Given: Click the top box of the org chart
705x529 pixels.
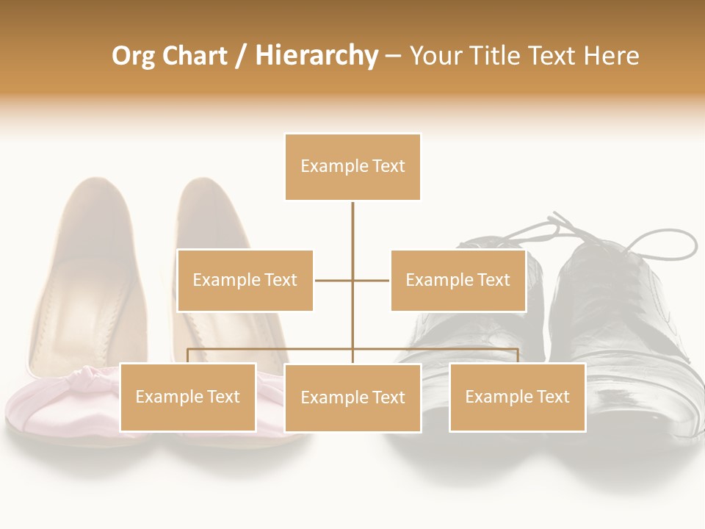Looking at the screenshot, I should click(352, 167).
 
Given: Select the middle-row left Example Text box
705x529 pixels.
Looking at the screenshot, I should click(245, 280).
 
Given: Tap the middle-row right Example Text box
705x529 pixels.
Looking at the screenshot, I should click(458, 280).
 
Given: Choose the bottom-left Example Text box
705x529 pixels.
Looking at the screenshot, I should click(187, 397).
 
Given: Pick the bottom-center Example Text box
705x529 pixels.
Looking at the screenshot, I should click(352, 397).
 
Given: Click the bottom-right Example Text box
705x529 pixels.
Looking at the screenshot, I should click(517, 397).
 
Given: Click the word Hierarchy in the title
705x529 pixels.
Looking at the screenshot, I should click(317, 56).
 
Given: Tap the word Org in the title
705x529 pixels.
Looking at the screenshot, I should click(133, 56).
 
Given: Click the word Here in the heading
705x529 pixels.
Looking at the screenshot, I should click(611, 56).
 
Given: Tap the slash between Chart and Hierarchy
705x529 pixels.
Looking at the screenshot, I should click(241, 56).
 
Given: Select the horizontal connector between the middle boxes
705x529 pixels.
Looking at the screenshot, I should click(352, 280).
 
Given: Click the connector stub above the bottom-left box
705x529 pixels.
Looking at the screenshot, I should click(187, 356).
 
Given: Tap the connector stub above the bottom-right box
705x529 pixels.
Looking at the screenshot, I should click(518, 356).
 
